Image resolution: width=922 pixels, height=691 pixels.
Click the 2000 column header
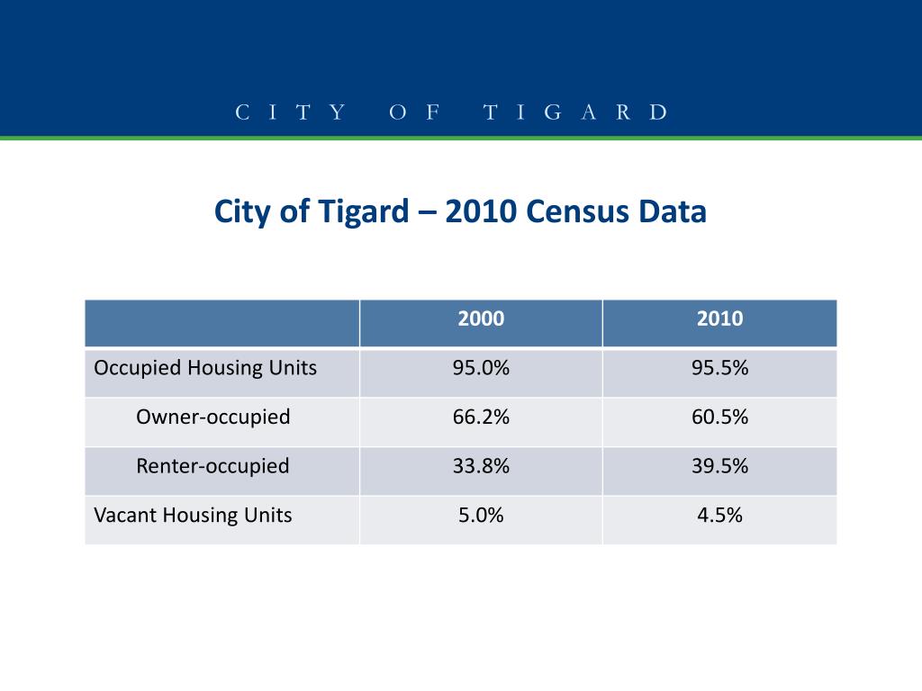tap(481, 319)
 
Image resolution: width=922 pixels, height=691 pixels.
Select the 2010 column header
tap(719, 319)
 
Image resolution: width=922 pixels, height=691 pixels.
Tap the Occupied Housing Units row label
tap(205, 368)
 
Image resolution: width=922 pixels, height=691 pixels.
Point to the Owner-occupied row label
tap(212, 417)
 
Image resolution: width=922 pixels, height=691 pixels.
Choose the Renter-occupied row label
tap(212, 466)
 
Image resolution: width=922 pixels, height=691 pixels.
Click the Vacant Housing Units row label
tap(193, 516)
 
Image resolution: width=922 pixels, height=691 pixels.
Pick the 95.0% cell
tap(481, 368)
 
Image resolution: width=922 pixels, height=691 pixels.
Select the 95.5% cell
tap(719, 368)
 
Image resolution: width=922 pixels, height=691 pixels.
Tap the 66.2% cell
tap(481, 417)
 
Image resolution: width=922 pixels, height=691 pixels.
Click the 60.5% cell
tap(719, 417)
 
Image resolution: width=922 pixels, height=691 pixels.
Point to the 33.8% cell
tap(481, 466)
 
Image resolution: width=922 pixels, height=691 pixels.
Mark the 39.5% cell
tap(719, 466)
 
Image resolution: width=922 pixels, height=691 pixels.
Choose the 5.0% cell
tap(481, 516)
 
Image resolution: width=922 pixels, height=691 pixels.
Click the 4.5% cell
tap(719, 516)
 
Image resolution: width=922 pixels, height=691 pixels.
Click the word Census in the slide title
tap(575, 212)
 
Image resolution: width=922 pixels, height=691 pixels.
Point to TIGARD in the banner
tap(576, 112)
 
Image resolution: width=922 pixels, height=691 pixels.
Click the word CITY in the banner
tap(291, 112)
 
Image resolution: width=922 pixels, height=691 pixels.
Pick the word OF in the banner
tap(415, 112)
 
